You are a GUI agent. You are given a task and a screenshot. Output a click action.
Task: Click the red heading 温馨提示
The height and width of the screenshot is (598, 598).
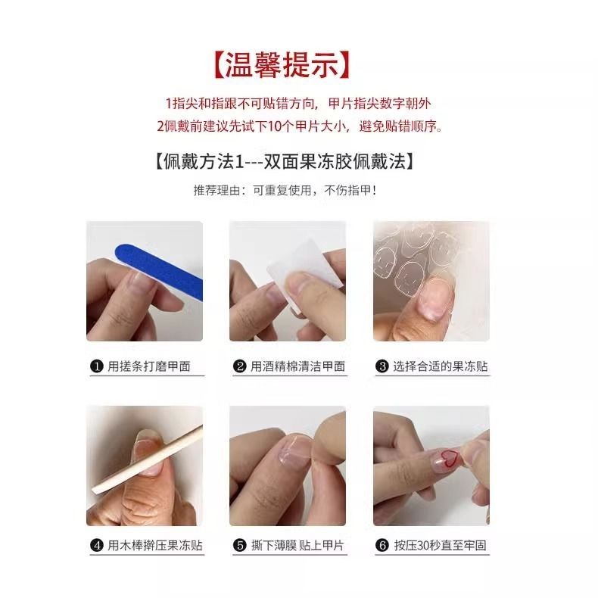(282, 65)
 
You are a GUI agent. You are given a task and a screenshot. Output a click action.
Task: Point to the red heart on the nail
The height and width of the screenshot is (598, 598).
(450, 459)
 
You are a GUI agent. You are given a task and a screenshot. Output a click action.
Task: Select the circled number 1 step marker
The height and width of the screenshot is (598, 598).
(97, 366)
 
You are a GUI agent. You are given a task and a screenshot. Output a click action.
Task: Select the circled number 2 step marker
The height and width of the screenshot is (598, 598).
(240, 366)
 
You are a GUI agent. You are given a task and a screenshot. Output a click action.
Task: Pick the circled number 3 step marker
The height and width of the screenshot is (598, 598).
(382, 366)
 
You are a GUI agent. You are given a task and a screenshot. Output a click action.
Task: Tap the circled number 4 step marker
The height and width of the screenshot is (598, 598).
(97, 545)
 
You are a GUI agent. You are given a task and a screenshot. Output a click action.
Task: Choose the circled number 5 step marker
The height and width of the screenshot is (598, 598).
(240, 545)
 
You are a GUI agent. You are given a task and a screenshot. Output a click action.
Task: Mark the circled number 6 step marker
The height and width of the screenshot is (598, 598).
(382, 545)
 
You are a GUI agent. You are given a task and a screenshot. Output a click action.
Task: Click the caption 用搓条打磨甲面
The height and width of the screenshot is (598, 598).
(149, 366)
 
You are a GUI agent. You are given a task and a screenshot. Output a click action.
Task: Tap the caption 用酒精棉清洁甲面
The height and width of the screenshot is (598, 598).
(297, 366)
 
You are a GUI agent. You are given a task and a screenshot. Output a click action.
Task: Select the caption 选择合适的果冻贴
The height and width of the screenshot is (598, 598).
(441, 366)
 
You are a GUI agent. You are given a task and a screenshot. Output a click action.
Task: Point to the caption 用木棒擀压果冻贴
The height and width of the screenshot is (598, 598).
(155, 545)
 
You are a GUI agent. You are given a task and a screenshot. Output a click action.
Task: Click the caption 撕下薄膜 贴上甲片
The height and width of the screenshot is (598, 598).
(297, 545)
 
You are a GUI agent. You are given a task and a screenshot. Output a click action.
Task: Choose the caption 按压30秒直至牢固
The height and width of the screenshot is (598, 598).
(440, 545)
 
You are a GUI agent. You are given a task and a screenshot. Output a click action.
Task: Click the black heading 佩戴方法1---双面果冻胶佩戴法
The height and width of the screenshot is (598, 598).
(285, 161)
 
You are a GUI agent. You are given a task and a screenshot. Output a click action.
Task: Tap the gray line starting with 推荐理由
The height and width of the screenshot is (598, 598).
(285, 190)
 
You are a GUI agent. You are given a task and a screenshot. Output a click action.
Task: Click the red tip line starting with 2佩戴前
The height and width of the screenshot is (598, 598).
(301, 126)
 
